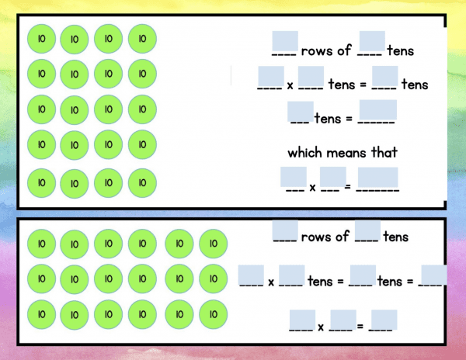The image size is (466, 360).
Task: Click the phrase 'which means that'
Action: pos(343,153)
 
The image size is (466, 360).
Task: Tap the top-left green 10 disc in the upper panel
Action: pos(41,39)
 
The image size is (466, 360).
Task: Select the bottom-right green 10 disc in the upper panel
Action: pos(142,183)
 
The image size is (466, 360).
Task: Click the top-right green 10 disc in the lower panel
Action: pos(214,244)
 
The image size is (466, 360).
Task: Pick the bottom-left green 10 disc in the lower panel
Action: pos(41,314)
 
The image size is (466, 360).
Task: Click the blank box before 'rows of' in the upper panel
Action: pos(285,41)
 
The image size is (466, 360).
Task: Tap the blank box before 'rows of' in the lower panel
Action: pos(285,230)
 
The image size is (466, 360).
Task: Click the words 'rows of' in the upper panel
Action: pos(326,50)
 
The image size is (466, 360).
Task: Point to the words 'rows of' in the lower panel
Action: pos(325,237)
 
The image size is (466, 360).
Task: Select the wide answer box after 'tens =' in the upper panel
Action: pos(378,109)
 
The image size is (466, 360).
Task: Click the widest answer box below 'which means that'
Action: pos(377,177)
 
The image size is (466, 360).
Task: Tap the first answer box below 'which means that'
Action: pos(294,177)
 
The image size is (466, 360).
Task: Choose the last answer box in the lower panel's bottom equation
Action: pos(384,320)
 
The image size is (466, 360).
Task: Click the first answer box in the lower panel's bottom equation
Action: pos(302,320)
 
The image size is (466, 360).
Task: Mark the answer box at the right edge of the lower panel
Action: pos(434,275)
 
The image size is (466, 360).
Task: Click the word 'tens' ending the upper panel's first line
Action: pos(401,50)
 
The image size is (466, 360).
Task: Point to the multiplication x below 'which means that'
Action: pos(312,188)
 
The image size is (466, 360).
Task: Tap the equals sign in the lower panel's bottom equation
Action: pos(360,327)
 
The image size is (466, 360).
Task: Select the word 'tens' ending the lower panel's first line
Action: pos(395,237)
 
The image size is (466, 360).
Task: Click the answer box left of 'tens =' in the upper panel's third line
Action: pos(301,111)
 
